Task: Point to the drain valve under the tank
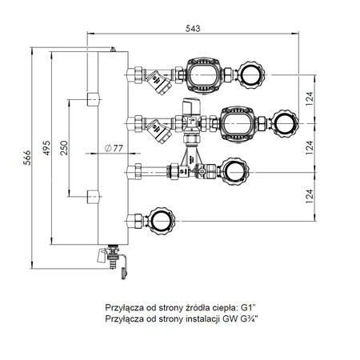(x=116, y=259)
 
